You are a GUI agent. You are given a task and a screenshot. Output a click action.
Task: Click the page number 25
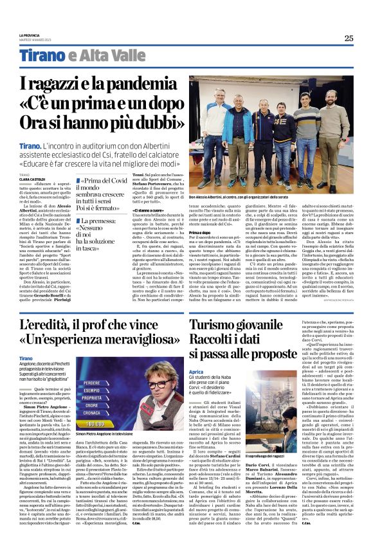click(x=348, y=38)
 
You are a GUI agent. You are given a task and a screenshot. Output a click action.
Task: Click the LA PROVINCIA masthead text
click(x=29, y=35)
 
